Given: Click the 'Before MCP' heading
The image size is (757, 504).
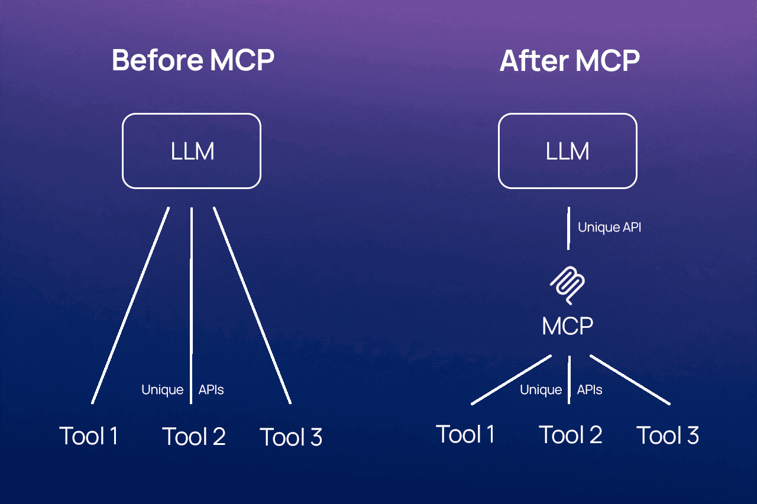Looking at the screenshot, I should coord(193,60).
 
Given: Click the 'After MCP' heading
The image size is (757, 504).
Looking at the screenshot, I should coord(570,60).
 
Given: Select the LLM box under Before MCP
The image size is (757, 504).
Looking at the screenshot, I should coord(192,151).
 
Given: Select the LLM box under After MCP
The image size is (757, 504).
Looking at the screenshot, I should coord(568,151).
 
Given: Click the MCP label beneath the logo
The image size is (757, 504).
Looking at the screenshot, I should coord(568,326).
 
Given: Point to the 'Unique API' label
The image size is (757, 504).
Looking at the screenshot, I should coord(609,227).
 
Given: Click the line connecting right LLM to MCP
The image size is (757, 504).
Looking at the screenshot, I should coord(568,227).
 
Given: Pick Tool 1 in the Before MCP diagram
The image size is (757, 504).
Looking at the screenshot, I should coord(89,436).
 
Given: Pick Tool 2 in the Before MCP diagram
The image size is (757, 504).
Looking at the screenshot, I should coord(194,436).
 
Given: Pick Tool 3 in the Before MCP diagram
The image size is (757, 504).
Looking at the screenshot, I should coord(291,437).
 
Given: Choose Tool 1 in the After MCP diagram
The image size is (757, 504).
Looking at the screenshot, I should coord(465,434).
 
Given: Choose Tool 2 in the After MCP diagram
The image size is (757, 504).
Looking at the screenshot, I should coord(571,435).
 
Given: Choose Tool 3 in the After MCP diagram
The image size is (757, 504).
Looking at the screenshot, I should coord(668,435).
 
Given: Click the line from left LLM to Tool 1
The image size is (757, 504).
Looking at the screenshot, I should coord(131,305).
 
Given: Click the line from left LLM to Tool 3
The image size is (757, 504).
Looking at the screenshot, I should coord(252,305).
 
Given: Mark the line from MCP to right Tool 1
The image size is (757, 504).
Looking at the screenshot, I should coord(512,380).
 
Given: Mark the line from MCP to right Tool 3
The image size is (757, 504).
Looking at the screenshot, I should coord(630,380).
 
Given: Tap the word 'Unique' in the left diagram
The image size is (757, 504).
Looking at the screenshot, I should coord(162,390).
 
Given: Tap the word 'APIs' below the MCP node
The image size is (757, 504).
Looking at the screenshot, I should coord(590,390).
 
